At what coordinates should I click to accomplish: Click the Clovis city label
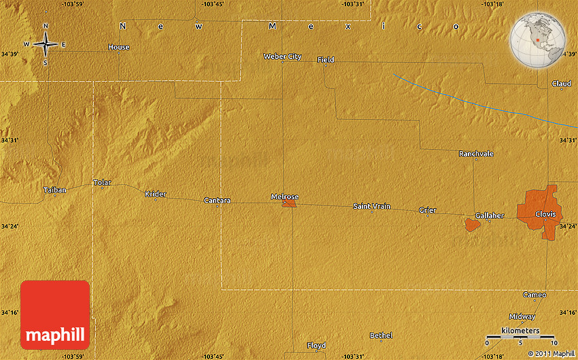click(545, 214)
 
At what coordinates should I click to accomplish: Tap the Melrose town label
click(285, 197)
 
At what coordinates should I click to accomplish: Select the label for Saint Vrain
click(371, 206)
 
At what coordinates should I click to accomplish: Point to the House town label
click(118, 47)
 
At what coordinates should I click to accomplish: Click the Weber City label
click(282, 56)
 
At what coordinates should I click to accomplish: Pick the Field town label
click(326, 60)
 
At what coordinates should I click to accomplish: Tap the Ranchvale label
click(476, 154)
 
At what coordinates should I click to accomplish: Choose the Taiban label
click(55, 190)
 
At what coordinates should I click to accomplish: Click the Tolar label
click(102, 182)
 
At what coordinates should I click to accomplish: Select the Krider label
click(155, 194)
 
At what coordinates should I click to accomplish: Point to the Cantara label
click(217, 200)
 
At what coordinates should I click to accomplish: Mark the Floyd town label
click(316, 345)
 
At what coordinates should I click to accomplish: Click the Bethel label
click(381, 336)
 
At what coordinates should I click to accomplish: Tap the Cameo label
click(534, 295)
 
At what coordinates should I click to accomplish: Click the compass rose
click(46, 44)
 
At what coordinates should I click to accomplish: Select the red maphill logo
click(55, 315)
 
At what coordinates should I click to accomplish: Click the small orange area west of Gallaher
click(472, 224)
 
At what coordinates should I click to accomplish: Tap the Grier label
click(427, 210)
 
